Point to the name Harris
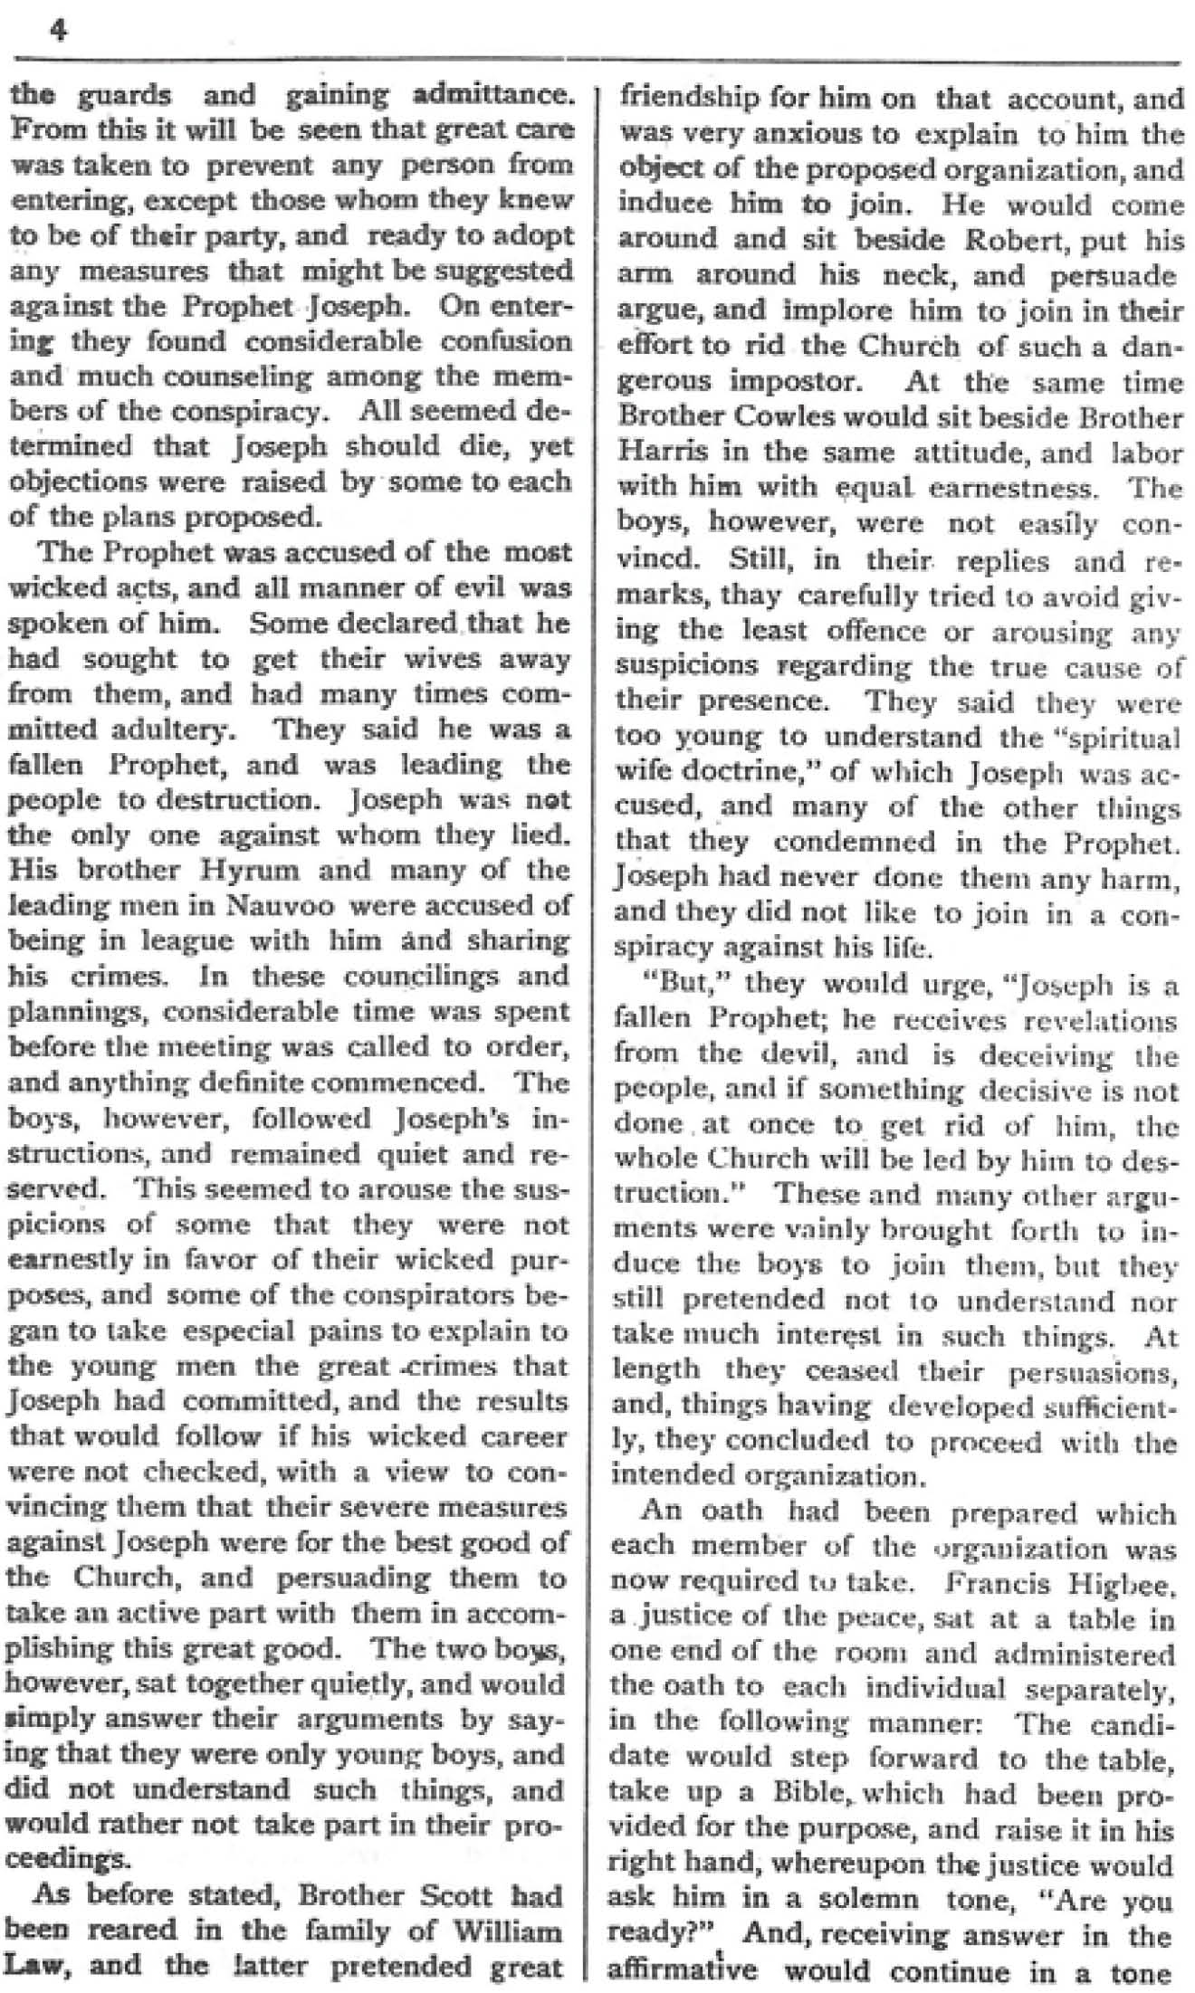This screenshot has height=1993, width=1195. (657, 453)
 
